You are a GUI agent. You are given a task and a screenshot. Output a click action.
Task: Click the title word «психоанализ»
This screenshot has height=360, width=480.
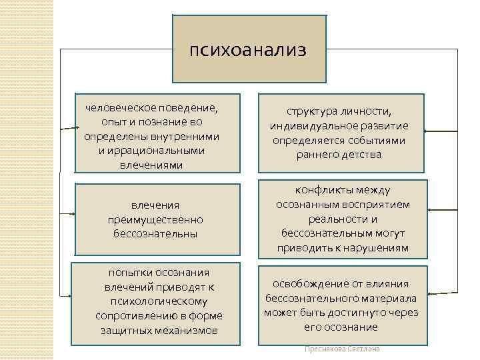(248, 50)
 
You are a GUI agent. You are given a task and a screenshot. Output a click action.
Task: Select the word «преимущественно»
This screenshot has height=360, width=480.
(155, 219)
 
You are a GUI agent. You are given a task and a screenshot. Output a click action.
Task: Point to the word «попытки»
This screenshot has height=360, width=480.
(131, 272)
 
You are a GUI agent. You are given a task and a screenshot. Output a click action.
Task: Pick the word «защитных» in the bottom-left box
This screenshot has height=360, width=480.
(125, 330)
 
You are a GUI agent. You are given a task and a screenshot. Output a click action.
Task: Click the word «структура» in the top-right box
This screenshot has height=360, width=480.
(312, 111)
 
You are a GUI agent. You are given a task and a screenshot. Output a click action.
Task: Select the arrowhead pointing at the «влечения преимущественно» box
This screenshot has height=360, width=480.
(69, 214)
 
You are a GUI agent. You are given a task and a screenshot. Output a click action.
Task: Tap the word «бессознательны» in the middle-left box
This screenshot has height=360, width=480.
(155, 233)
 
